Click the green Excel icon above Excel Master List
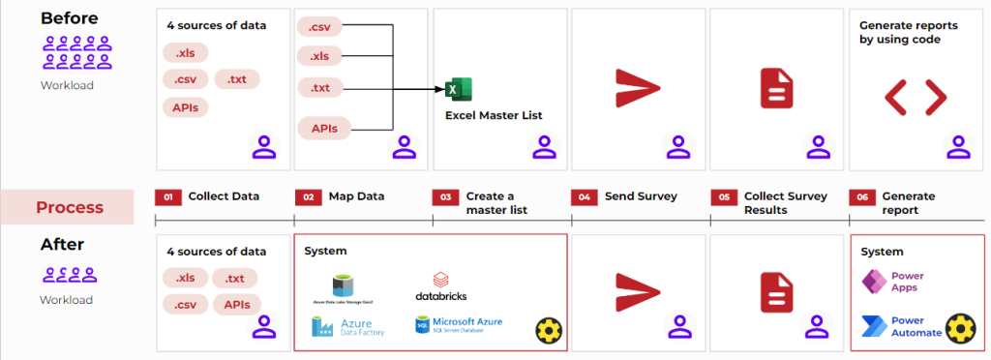click(x=458, y=90)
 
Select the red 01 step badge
click(x=167, y=196)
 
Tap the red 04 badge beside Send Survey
click(x=584, y=196)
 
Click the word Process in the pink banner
click(x=69, y=207)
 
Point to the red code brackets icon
click(x=915, y=96)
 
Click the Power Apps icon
click(x=874, y=282)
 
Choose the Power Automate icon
click(x=874, y=326)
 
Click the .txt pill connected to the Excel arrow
click(x=320, y=89)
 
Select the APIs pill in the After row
click(x=236, y=304)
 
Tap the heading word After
click(x=63, y=245)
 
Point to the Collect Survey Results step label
click(x=785, y=202)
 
